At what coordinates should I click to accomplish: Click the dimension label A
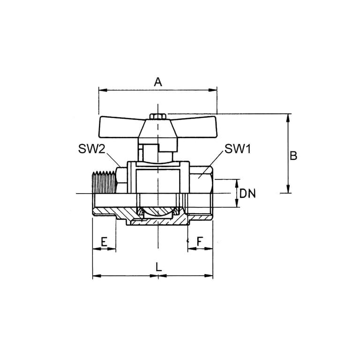[158, 82]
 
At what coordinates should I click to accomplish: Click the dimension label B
[293, 156]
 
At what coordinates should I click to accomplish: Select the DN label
[247, 194]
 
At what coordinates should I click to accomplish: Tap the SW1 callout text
[238, 149]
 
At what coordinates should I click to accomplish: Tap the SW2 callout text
[91, 149]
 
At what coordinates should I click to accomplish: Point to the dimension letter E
[104, 242]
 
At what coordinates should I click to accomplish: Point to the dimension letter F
[200, 241]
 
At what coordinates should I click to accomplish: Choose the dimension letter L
[158, 267]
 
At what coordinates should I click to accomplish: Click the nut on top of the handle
[157, 116]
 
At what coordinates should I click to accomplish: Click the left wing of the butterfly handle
[120, 127]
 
